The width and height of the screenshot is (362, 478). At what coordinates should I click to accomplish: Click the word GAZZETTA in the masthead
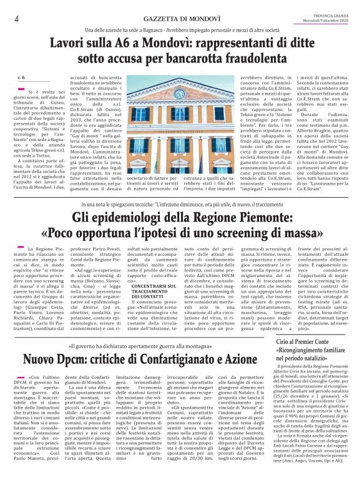(x=139, y=18)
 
